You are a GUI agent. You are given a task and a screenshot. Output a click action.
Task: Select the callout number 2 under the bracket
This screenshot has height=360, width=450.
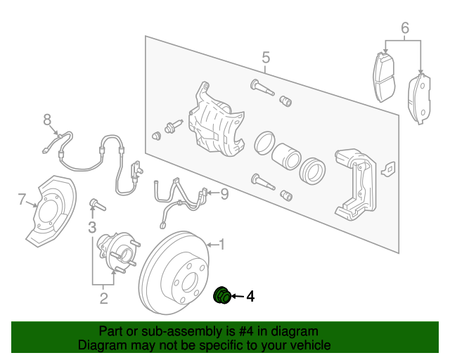pyautogui.click(x=103, y=300)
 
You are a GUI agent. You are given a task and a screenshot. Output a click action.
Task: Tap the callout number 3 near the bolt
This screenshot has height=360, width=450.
pyautogui.click(x=92, y=227)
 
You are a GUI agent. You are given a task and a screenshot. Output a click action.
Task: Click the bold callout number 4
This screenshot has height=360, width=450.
pyautogui.click(x=250, y=297)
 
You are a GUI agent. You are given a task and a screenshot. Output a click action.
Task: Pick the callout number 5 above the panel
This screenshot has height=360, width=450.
pyautogui.click(x=266, y=57)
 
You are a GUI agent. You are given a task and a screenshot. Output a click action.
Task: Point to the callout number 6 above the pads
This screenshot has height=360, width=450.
pyautogui.click(x=405, y=29)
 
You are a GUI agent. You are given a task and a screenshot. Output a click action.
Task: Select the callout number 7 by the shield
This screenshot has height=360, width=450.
pyautogui.click(x=22, y=200)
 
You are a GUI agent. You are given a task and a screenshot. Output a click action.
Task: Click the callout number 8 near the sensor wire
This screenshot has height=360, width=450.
pyautogui.click(x=48, y=119)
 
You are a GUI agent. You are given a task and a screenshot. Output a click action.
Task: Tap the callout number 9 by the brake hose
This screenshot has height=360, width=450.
pyautogui.click(x=224, y=194)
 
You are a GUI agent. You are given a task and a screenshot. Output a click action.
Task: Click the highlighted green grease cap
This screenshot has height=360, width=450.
pyautogui.click(x=222, y=297)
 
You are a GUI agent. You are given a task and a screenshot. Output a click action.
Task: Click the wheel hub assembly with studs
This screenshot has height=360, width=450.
pyautogui.click(x=116, y=252)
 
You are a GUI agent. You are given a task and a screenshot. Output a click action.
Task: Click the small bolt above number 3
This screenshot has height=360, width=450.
pyautogui.click(x=96, y=205)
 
